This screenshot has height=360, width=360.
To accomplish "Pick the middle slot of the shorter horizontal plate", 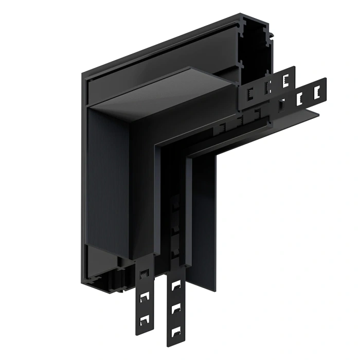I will (267, 85).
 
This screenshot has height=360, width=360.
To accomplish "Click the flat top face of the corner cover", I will (170, 95).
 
